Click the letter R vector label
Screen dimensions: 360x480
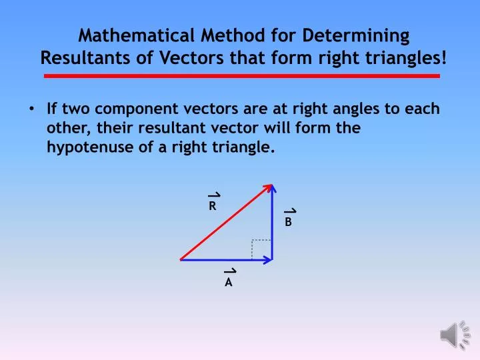click(213, 207)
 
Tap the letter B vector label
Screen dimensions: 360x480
click(289, 223)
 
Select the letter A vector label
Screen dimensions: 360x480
click(229, 282)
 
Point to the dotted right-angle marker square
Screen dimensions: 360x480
click(261, 249)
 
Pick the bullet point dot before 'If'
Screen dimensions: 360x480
click(33, 109)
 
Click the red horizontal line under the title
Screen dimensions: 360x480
click(241, 77)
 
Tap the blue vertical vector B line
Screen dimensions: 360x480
click(273, 227)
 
